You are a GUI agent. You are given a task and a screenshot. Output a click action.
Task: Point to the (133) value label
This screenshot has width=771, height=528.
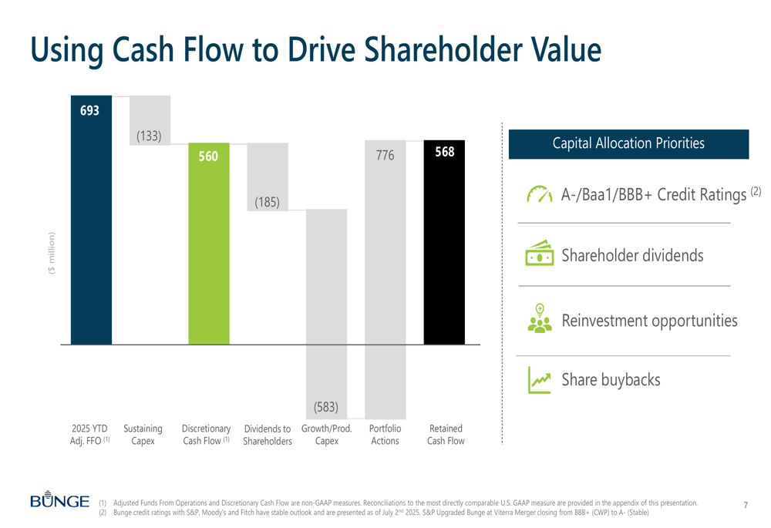coord(149,136)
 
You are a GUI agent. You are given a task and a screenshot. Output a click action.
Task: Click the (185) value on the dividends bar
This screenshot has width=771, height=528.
coord(268,203)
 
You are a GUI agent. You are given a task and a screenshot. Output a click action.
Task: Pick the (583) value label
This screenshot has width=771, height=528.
coord(326,406)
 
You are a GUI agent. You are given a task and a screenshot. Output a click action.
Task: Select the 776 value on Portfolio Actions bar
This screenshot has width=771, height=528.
coord(385,156)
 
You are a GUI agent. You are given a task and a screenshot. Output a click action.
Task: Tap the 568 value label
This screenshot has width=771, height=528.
coord(445,152)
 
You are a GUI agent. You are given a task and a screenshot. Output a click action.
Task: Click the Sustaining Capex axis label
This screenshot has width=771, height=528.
coord(143,435)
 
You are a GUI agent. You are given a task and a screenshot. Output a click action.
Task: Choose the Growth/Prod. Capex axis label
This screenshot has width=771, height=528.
coord(326,435)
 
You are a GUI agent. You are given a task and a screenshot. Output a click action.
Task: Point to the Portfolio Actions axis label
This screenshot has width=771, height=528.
coord(385,435)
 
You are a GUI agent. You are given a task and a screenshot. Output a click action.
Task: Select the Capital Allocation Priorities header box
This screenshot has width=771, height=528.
coord(628,144)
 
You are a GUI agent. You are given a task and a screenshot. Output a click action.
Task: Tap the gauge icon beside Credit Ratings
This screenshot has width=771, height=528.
coord(540,194)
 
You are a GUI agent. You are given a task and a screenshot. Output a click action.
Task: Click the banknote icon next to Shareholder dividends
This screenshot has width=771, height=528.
coord(540,254)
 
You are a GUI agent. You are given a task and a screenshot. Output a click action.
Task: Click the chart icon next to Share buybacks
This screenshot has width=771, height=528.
coord(540,379)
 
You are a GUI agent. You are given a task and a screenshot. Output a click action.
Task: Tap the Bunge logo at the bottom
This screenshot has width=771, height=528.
coord(59,502)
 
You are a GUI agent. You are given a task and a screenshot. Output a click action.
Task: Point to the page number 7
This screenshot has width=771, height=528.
coord(746,506)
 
